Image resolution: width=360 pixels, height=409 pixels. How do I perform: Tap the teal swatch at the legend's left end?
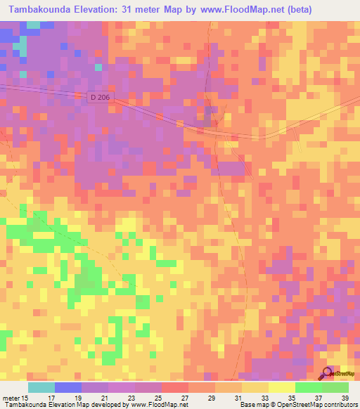pos(41,387)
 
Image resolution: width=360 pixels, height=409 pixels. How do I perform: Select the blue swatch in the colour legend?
pos(67,387)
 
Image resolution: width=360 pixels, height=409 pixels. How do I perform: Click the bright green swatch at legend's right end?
pos(335,387)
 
